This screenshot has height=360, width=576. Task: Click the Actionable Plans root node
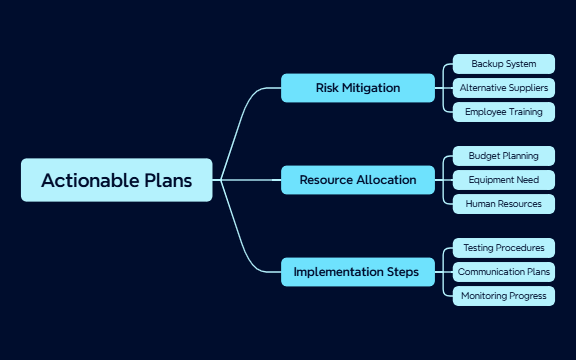point(116,180)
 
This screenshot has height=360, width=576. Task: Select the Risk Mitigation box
point(358,88)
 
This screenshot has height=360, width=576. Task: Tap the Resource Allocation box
point(358,180)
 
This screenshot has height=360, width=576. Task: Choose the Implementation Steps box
point(358,272)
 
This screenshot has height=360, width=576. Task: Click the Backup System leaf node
point(503,64)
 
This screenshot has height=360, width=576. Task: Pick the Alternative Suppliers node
point(503,88)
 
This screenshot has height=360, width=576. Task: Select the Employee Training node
point(503,112)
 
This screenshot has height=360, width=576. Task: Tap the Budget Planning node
point(503,156)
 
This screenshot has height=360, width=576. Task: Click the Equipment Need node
point(503,180)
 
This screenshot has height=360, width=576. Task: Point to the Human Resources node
point(503,204)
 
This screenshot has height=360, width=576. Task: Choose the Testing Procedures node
point(503,247)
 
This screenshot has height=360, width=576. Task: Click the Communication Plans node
point(503,271)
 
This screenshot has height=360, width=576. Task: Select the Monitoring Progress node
point(503,295)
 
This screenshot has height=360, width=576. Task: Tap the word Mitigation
point(371,88)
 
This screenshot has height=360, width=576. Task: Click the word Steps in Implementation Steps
point(404,272)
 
